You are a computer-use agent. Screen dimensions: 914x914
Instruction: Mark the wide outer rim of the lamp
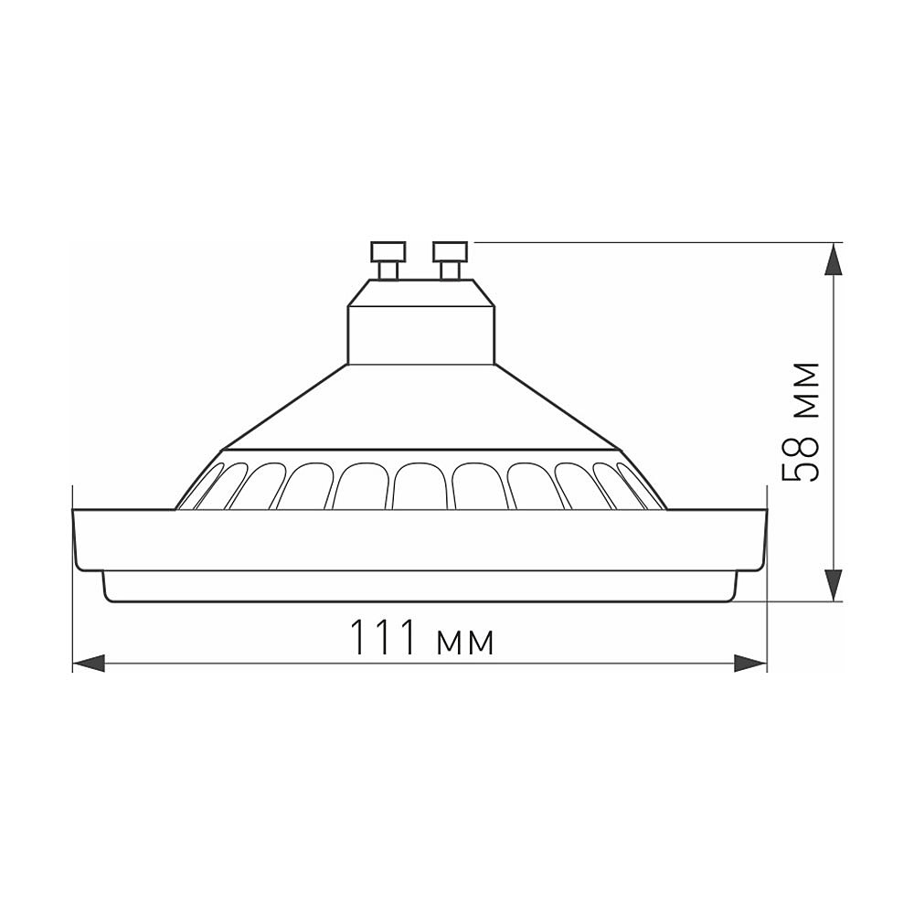click(x=420, y=539)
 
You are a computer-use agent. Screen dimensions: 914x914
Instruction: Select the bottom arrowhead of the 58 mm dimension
click(x=834, y=584)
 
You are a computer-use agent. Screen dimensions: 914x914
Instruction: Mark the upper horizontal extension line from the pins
click(x=640, y=242)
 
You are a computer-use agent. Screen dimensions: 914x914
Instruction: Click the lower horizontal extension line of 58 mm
click(x=786, y=601)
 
